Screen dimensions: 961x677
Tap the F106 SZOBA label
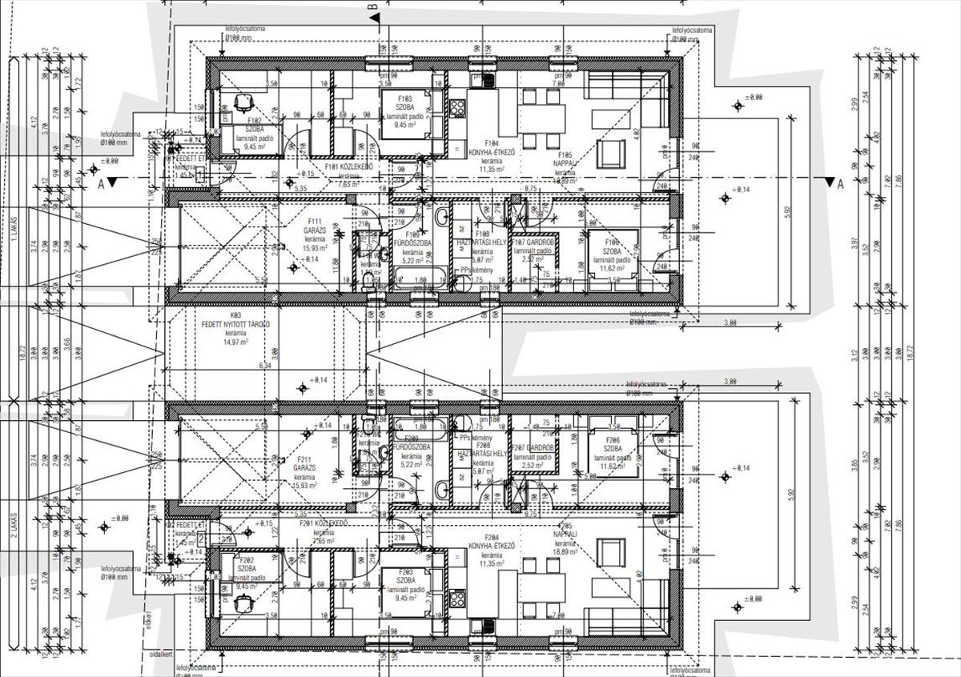click(612, 243)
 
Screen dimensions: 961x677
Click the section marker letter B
click(372, 8)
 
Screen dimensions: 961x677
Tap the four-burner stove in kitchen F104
click(457, 106)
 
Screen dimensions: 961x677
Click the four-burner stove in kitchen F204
click(457, 598)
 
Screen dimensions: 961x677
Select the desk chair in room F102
click(243, 102)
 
